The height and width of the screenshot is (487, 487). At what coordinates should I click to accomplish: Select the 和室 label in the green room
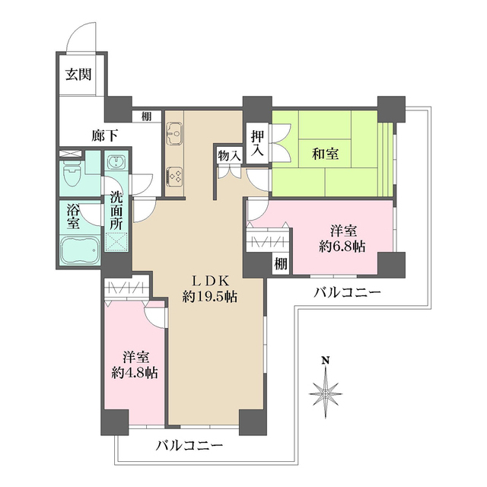tap(326, 154)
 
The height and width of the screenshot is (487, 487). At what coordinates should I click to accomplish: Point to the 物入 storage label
tap(229, 155)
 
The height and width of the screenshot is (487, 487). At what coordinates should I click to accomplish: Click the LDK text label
tap(210, 281)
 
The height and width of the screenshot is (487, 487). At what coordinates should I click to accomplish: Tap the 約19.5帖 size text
tap(210, 298)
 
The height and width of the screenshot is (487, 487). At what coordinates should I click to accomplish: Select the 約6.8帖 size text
tap(341, 246)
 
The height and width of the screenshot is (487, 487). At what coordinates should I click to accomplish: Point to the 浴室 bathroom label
tap(73, 216)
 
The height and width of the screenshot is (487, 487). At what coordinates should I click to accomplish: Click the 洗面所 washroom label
tap(116, 208)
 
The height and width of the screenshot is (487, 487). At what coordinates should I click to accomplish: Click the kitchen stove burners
tap(173, 177)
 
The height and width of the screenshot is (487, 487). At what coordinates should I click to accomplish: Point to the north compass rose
tap(325, 390)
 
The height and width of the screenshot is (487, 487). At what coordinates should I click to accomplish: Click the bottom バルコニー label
tap(190, 445)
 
